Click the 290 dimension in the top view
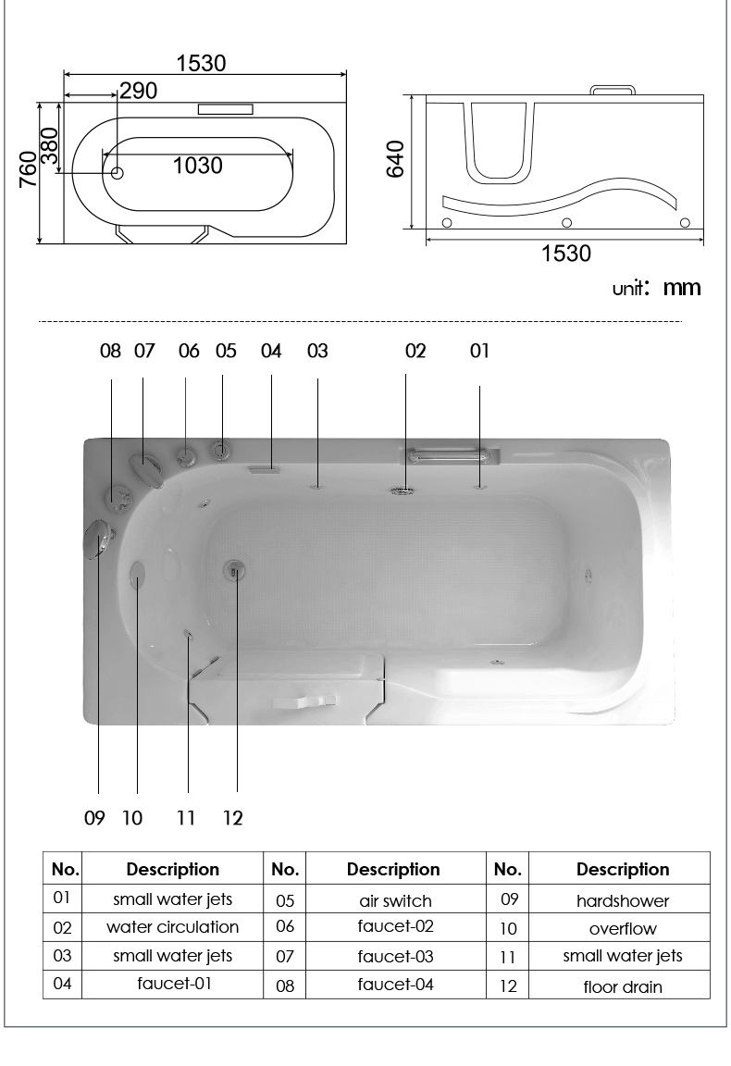[x=138, y=91]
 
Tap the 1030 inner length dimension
[x=197, y=166]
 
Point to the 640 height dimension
[x=395, y=159]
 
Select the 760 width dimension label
[x=27, y=169]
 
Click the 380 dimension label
[x=50, y=146]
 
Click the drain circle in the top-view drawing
[x=117, y=173]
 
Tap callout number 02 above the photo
[x=415, y=351]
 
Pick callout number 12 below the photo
[x=232, y=818]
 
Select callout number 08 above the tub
[x=110, y=351]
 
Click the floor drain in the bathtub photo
[x=235, y=570]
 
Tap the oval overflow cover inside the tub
[x=138, y=576]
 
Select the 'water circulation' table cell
[x=173, y=926]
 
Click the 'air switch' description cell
[x=396, y=900]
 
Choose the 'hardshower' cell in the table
[x=622, y=900]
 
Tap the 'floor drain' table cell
[x=622, y=986]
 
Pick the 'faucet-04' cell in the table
[x=396, y=985]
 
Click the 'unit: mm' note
[x=656, y=288]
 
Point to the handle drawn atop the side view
[x=612, y=90]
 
